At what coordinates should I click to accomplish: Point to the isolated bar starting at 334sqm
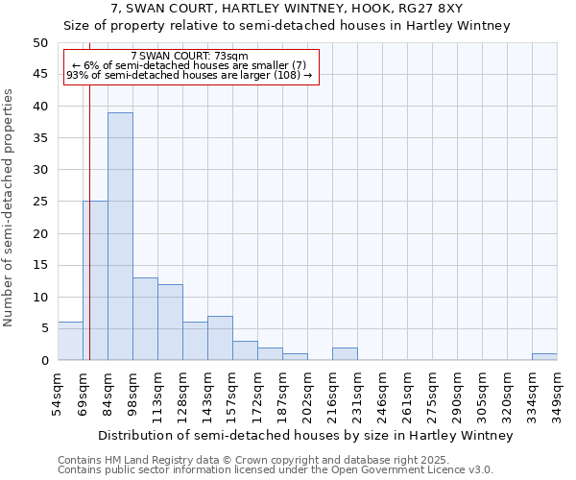tap(544, 357)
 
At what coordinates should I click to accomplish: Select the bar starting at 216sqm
tap(345, 354)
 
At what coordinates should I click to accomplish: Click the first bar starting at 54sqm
tap(70, 341)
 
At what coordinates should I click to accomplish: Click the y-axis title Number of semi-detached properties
tap(10, 207)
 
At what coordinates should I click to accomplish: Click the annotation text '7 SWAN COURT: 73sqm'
tap(189, 56)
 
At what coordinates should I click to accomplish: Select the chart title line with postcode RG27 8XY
tap(287, 9)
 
